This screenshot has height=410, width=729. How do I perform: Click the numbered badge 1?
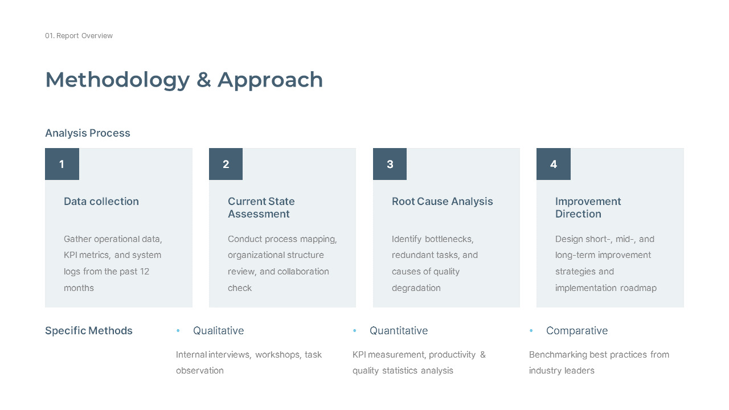(62, 164)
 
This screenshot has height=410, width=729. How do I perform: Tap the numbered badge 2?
(226, 164)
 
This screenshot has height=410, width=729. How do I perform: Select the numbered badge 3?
(390, 164)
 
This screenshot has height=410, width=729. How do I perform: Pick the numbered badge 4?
(554, 164)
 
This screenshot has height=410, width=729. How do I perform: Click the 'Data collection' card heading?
(101, 202)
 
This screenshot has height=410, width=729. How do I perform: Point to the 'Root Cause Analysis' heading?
(442, 202)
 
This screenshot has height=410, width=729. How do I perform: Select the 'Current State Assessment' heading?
(261, 208)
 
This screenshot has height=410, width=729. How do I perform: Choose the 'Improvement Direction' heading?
(588, 208)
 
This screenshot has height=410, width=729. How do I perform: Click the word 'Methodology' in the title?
(117, 80)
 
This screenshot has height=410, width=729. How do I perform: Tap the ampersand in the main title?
(203, 80)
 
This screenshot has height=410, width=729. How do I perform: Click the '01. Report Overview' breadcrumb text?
(79, 36)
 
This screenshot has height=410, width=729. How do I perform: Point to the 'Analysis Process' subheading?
(88, 133)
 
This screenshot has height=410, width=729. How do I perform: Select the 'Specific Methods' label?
(89, 331)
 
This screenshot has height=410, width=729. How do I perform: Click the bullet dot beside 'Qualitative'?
(178, 331)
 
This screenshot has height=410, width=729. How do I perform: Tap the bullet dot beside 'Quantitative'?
(355, 331)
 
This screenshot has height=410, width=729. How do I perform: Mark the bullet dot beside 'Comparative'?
(531, 331)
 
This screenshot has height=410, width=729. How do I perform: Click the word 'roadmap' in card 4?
(638, 288)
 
